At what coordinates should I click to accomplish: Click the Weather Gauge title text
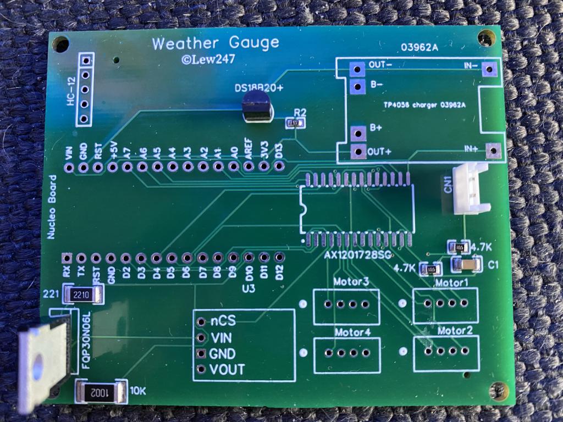[x=215, y=43]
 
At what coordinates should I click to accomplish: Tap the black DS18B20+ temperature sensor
[x=257, y=107]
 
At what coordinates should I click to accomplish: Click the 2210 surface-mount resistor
[x=83, y=295]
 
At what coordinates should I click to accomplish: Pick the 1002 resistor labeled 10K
[x=100, y=392]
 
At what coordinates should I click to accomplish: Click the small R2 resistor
[x=295, y=123]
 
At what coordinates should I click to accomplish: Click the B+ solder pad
[x=358, y=132]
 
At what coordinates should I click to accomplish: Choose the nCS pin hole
[x=201, y=322]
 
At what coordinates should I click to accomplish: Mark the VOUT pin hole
[x=201, y=369]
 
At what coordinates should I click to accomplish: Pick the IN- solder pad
[x=488, y=70]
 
